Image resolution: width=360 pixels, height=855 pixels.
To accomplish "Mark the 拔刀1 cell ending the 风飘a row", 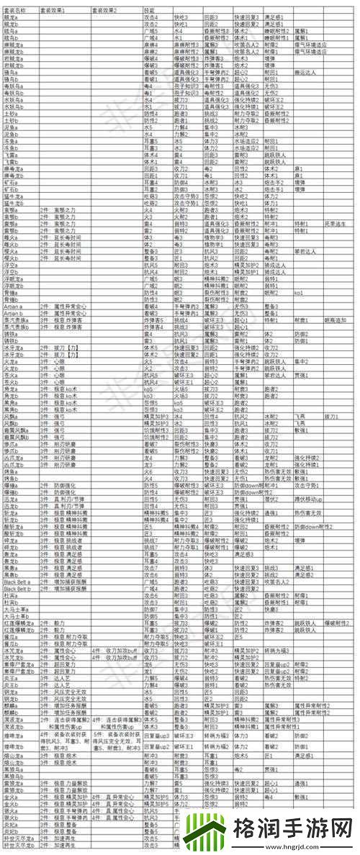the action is (332, 415).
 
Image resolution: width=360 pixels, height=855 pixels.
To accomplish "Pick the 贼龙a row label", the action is (11, 17).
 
